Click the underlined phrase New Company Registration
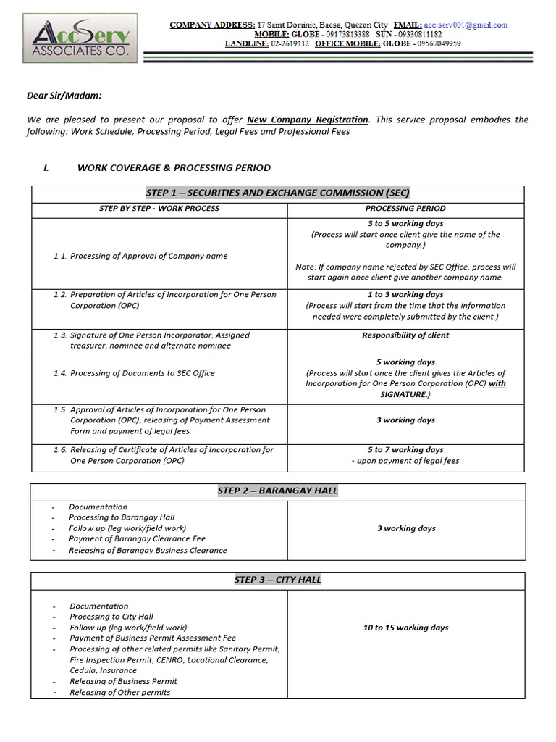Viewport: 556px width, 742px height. (x=308, y=120)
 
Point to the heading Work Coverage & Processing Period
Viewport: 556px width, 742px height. (x=173, y=167)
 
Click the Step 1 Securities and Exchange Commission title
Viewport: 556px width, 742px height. (x=277, y=193)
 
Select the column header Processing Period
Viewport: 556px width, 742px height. (x=405, y=209)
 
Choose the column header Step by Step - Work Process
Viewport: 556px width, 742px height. (x=159, y=209)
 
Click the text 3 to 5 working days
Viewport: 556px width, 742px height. (x=405, y=224)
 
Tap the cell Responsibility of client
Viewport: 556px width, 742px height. (x=405, y=335)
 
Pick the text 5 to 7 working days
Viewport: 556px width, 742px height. (x=405, y=450)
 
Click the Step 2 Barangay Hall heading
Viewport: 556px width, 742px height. (x=277, y=491)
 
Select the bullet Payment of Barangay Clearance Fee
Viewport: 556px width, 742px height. (x=137, y=539)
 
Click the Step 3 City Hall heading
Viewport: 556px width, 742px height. (x=277, y=580)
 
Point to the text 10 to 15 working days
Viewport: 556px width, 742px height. (x=405, y=628)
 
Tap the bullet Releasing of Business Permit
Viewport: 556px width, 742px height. (x=123, y=681)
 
